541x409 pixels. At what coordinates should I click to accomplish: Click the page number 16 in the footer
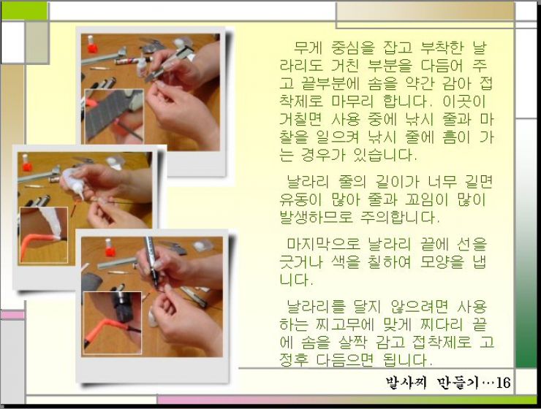tap(503, 383)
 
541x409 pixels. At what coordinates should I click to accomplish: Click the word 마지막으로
tap(324, 244)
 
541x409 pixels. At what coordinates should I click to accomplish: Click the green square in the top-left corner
tap(25, 11)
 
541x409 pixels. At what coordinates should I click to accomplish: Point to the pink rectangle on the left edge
tap(12, 315)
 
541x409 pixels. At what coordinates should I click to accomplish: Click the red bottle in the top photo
tap(92, 44)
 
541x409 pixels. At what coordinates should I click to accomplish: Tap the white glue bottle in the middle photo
tap(73, 183)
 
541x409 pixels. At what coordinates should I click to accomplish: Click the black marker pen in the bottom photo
tap(151, 261)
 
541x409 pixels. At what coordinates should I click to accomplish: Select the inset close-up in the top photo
tap(114, 116)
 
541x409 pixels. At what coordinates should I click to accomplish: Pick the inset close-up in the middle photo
tap(44, 235)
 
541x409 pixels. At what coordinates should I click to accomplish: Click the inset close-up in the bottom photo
tap(113, 323)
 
